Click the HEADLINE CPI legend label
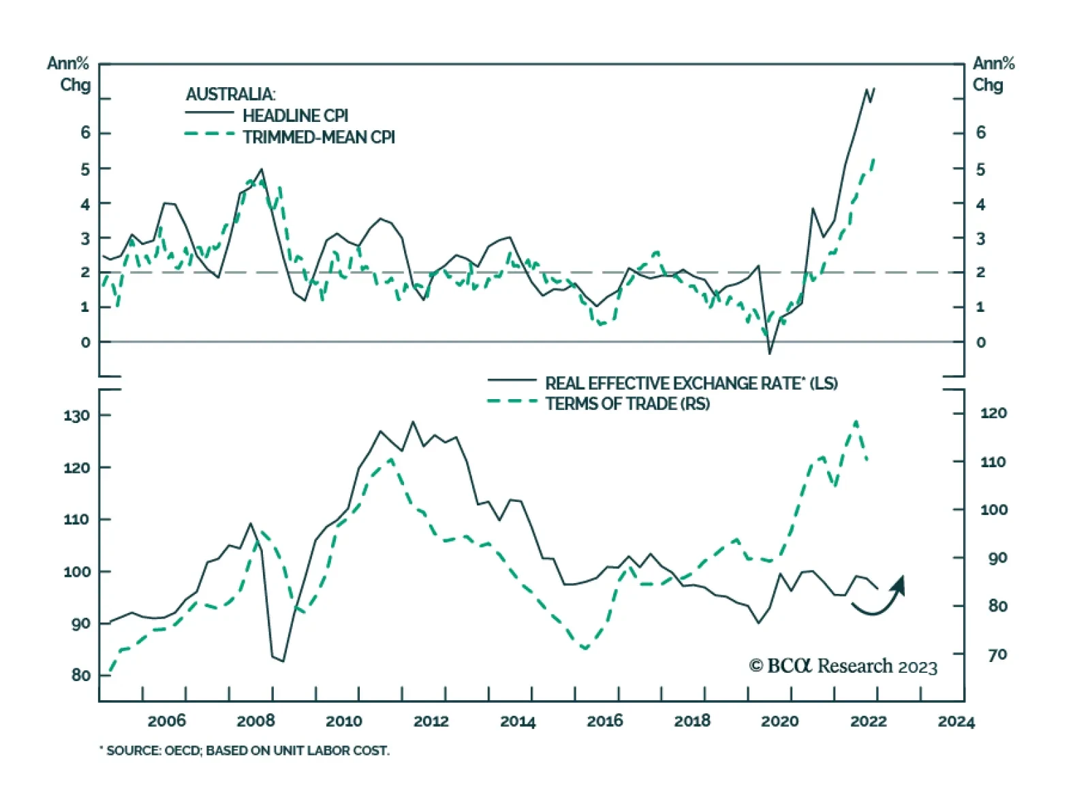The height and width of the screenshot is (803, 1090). click(x=295, y=116)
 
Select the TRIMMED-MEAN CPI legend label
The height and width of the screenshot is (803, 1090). click(x=318, y=138)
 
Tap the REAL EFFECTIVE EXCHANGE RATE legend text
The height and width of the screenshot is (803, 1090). click(x=691, y=383)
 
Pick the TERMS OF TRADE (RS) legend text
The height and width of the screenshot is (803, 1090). click(x=627, y=404)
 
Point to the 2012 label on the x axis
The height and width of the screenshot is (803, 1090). click(x=431, y=721)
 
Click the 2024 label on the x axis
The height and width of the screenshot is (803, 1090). click(x=956, y=721)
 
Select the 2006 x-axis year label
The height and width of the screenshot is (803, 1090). click(x=166, y=721)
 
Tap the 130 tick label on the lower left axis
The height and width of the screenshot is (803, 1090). click(x=76, y=415)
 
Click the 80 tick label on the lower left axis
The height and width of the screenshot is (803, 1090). click(x=80, y=675)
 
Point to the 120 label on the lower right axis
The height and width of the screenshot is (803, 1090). click(x=993, y=413)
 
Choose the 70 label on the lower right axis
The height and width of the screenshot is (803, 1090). click(x=997, y=655)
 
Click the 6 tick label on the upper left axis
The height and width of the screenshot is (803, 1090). click(x=85, y=133)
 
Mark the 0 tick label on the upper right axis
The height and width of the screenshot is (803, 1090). click(x=980, y=343)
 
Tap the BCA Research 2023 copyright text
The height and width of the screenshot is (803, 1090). click(x=843, y=666)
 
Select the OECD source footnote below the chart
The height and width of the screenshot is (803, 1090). click(x=245, y=751)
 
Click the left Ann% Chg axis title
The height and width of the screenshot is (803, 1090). click(x=68, y=74)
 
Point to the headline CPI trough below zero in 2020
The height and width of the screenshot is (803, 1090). click(x=770, y=353)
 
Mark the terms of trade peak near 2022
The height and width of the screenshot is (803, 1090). click(x=856, y=422)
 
